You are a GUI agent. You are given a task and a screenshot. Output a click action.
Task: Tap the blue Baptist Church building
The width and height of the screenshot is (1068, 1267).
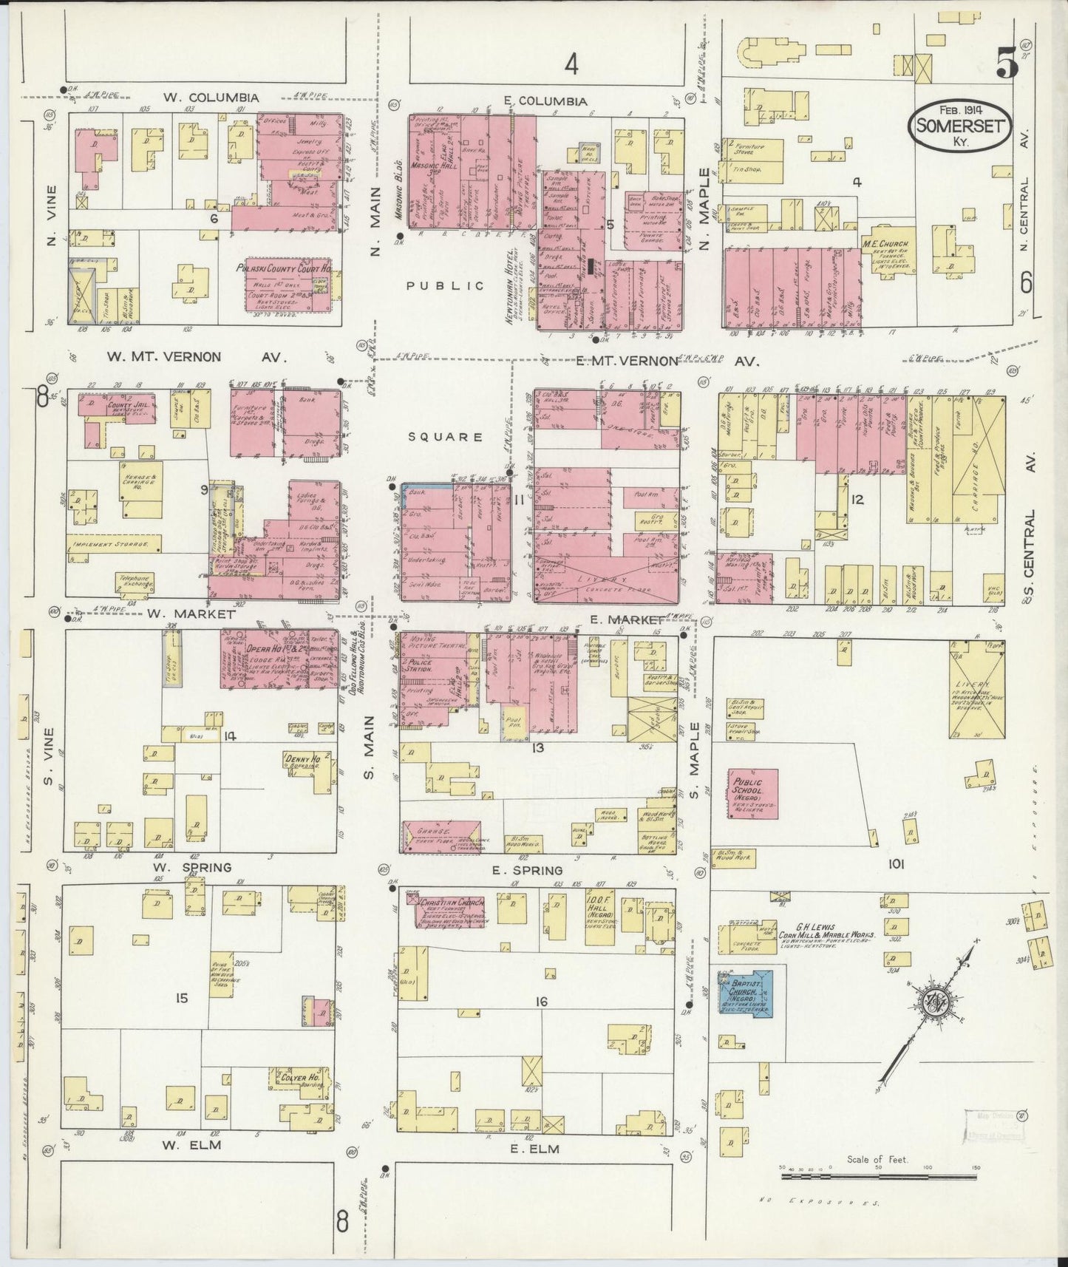747,993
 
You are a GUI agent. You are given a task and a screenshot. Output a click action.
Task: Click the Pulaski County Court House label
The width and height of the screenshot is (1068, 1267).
288,269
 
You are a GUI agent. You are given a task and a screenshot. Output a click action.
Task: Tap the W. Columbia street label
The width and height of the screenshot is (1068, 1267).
211,98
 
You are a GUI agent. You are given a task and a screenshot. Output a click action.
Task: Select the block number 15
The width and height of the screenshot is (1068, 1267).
182,998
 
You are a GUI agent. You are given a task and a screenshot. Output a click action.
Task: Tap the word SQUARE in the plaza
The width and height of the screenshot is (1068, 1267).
446,437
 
